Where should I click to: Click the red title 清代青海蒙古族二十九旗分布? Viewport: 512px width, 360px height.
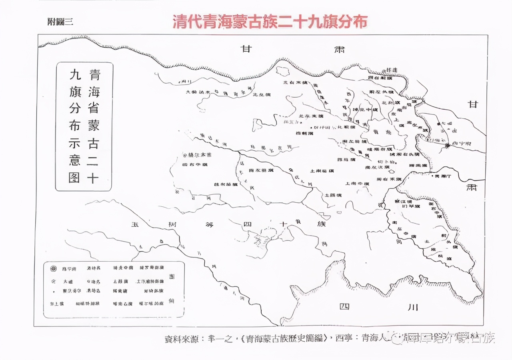coord(270,22)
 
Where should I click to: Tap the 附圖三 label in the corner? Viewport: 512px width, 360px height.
coord(60,22)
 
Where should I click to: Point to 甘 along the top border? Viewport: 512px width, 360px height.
coord(246,49)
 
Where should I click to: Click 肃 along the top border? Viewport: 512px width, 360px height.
coord(339,50)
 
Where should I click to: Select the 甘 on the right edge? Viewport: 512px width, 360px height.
coord(473,104)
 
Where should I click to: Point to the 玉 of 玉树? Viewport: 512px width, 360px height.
coord(135,224)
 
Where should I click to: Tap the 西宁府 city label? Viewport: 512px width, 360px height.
coord(457,144)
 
